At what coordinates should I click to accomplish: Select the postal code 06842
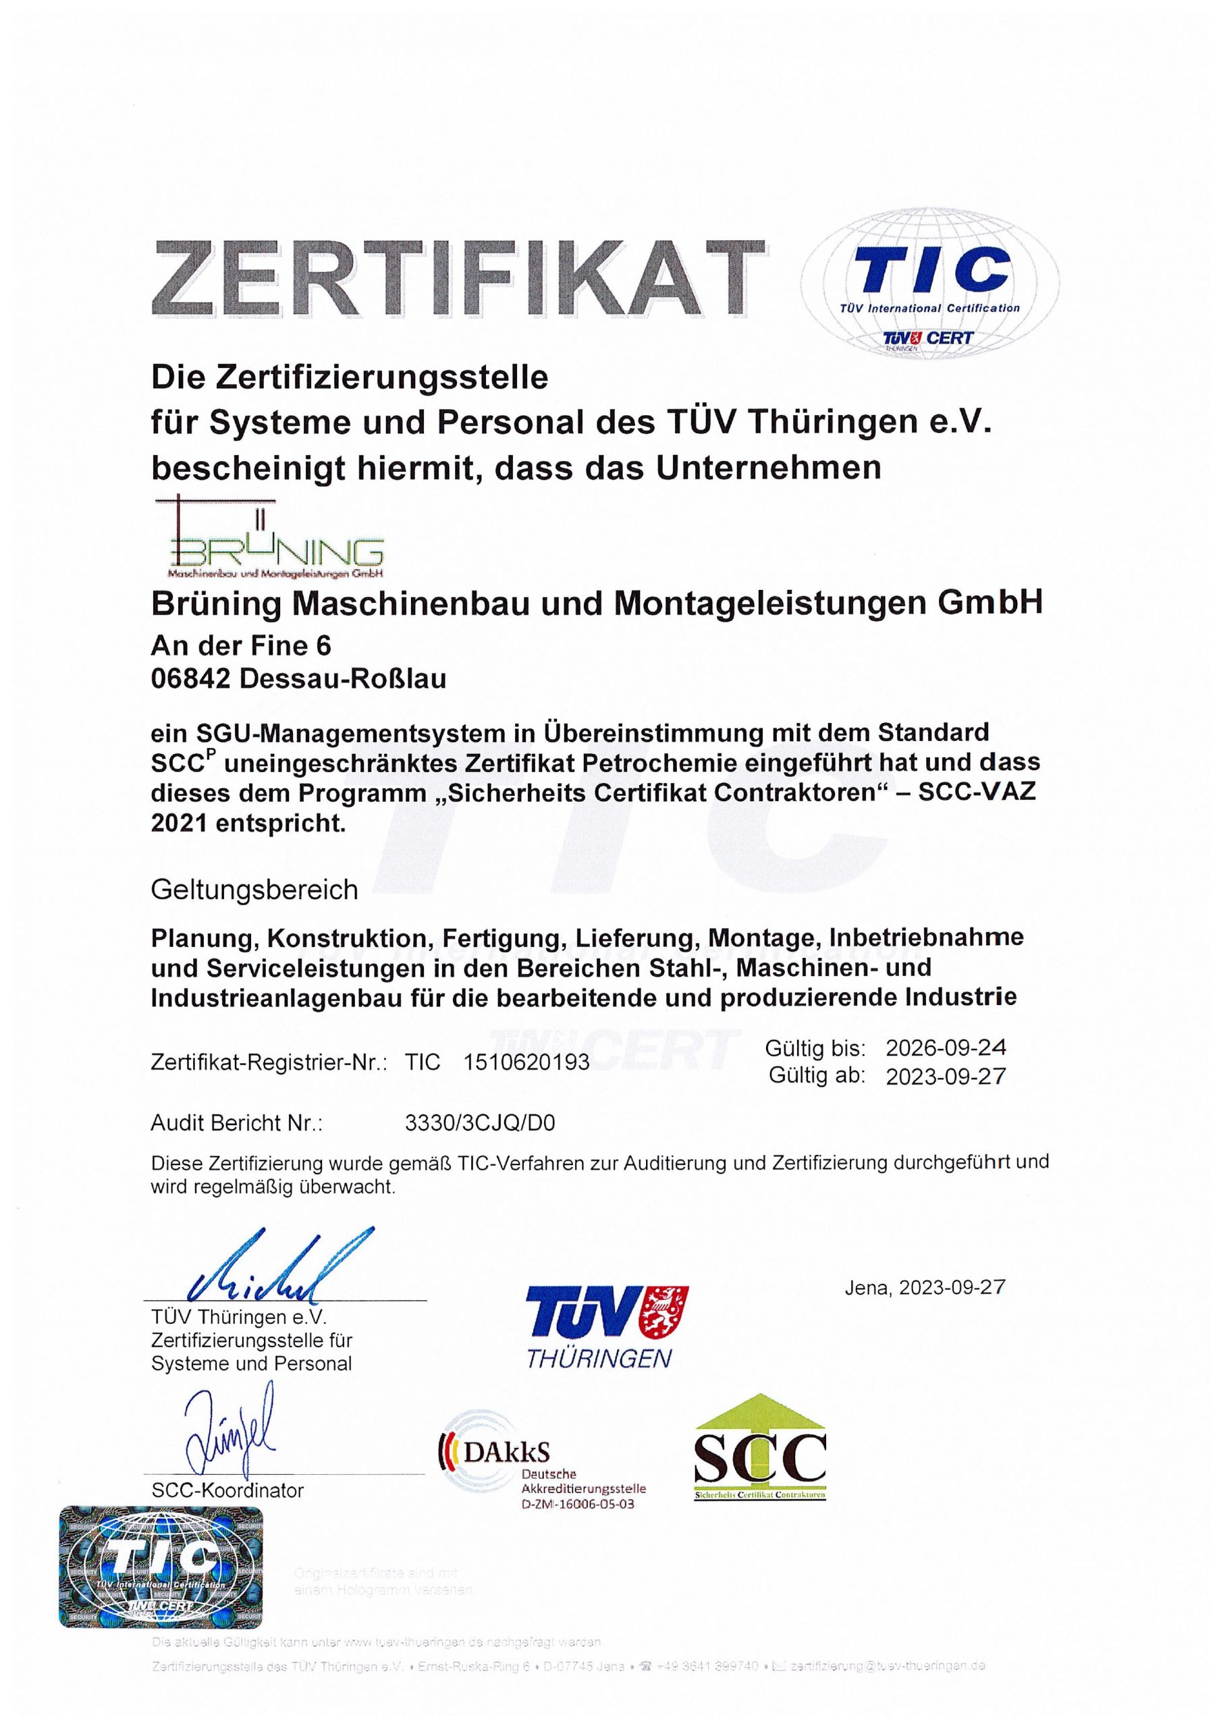(x=190, y=679)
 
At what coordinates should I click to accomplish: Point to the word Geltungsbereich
(x=254, y=890)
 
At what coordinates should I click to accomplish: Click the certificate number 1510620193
(x=527, y=1062)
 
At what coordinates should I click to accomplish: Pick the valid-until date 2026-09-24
(x=946, y=1048)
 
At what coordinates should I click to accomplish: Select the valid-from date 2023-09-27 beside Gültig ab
(x=946, y=1077)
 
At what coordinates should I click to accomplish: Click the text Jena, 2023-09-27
(x=925, y=1288)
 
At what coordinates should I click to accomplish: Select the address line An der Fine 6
(x=241, y=646)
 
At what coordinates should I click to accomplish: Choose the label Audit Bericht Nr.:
(x=236, y=1124)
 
